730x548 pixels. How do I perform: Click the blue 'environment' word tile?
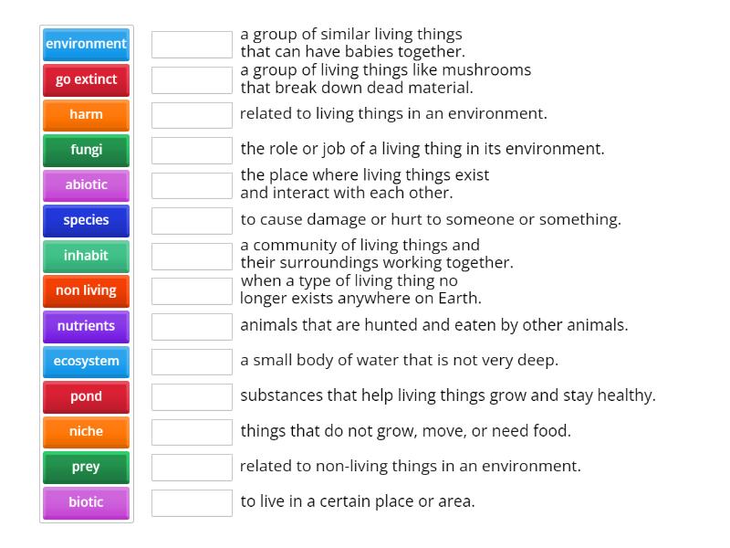[86, 44]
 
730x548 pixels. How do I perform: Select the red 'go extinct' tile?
[86, 79]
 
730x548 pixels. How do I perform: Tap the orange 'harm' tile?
[86, 115]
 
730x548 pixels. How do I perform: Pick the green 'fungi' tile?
[86, 150]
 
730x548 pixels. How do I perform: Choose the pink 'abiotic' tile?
[86, 185]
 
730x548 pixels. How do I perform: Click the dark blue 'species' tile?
[86, 220]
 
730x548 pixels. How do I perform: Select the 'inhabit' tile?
[86, 256]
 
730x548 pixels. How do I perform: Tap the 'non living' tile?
[86, 291]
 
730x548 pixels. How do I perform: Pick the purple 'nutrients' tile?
[86, 326]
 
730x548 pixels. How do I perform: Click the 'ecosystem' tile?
[86, 362]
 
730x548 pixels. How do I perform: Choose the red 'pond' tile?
[86, 397]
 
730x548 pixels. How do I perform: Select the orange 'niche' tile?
[86, 432]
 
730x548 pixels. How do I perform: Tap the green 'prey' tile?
[86, 468]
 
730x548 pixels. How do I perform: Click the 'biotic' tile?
[86, 503]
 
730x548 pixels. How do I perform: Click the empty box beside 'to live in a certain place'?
[192, 503]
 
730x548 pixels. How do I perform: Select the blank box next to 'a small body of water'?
[192, 362]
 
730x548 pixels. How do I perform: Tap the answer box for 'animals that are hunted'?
[192, 326]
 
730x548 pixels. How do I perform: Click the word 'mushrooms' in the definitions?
[486, 70]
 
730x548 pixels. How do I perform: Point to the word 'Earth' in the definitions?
[459, 299]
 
